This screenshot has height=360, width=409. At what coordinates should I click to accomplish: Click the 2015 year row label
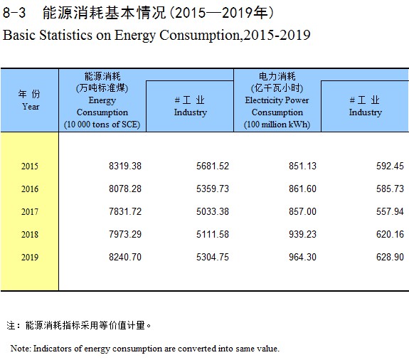click(30, 166)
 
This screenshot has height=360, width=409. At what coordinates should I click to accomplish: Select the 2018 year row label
click(30, 234)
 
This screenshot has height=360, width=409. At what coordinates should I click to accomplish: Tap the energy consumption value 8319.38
click(125, 166)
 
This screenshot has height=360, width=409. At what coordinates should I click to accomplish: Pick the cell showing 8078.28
click(125, 189)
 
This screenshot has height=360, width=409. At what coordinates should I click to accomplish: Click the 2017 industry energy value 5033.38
click(213, 211)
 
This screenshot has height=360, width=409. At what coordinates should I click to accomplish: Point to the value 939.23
click(302, 234)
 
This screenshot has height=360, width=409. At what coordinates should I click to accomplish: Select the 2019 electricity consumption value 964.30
click(302, 257)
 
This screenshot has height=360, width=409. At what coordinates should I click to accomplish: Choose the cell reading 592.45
click(390, 166)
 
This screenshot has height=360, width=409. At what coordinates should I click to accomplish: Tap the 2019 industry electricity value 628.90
click(390, 257)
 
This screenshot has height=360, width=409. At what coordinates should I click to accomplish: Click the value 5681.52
click(213, 166)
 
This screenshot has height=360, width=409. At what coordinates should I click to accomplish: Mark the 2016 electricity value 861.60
click(302, 189)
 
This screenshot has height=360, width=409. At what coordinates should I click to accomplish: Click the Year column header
click(31, 107)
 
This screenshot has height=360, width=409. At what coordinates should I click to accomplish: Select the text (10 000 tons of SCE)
click(102, 125)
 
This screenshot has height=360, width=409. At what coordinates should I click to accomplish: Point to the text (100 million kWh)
click(277, 125)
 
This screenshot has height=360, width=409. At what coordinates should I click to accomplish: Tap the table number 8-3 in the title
click(14, 13)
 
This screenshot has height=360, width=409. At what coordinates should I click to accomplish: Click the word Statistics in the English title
click(65, 35)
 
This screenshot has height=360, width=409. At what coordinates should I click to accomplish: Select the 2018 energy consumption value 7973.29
click(125, 234)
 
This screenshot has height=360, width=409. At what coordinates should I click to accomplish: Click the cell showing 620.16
click(390, 234)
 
